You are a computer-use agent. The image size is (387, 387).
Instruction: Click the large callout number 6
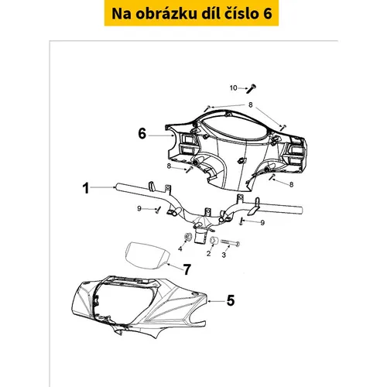pyautogui.click(x=142, y=134)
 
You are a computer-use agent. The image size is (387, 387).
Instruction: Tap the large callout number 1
pyautogui.click(x=86, y=188)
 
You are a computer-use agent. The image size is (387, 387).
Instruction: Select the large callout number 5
pyautogui.click(x=231, y=300)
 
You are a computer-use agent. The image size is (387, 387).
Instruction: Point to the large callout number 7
pyautogui.click(x=187, y=269)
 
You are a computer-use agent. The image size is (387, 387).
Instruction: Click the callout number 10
pyautogui.click(x=234, y=88)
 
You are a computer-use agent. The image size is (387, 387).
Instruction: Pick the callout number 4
pyautogui.click(x=180, y=249)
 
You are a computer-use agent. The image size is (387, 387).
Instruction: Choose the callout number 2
pyautogui.click(x=208, y=254)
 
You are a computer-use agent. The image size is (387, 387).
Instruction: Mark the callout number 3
pyautogui.click(x=224, y=255)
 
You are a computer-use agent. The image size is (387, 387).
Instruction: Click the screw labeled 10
pyautogui.click(x=251, y=89)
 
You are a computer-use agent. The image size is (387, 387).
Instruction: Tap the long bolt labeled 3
pyautogui.click(x=230, y=243)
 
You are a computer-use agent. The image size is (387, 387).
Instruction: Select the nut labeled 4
pyautogui.click(x=188, y=237)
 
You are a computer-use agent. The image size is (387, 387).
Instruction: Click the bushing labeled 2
pyautogui.click(x=214, y=241)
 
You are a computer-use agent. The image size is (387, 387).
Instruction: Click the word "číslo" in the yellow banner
pyautogui.click(x=241, y=13)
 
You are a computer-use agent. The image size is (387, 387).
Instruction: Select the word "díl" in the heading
pyautogui.click(x=210, y=13)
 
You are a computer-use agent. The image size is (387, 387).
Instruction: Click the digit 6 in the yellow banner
pyautogui.click(x=268, y=14)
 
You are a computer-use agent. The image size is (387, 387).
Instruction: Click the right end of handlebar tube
pyautogui.click(x=301, y=211)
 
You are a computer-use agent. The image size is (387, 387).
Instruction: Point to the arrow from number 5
pyautogui.click(x=217, y=301)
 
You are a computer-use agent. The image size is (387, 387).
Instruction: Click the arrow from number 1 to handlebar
pyautogui.click(x=103, y=187)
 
